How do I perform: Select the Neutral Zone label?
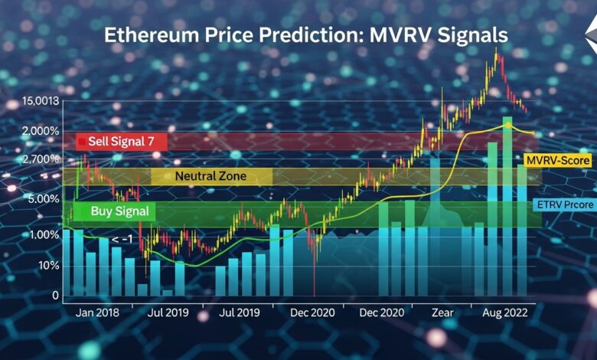click(x=210, y=176)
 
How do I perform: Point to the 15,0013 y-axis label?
click(x=41, y=101)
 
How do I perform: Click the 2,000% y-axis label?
click(x=40, y=131)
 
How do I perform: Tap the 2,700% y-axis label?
click(x=40, y=159)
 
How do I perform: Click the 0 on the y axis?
click(x=55, y=295)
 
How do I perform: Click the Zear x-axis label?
click(x=443, y=313)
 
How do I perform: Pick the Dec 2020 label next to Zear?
click(x=381, y=313)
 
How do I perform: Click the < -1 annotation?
click(x=122, y=240)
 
